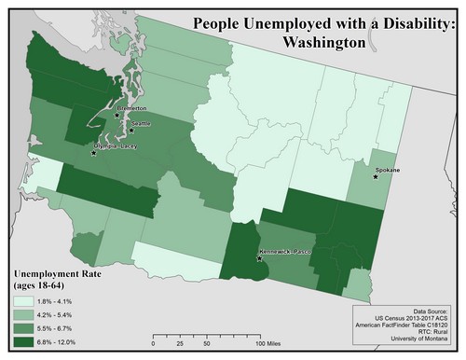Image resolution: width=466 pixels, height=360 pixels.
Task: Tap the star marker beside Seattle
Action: [x=131, y=131]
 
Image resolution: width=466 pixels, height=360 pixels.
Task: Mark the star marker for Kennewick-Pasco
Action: [x=259, y=258]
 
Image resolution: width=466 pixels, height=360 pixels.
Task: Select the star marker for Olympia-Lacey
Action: [x=93, y=152]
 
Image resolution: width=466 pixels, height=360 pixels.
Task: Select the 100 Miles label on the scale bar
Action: [x=270, y=342]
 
